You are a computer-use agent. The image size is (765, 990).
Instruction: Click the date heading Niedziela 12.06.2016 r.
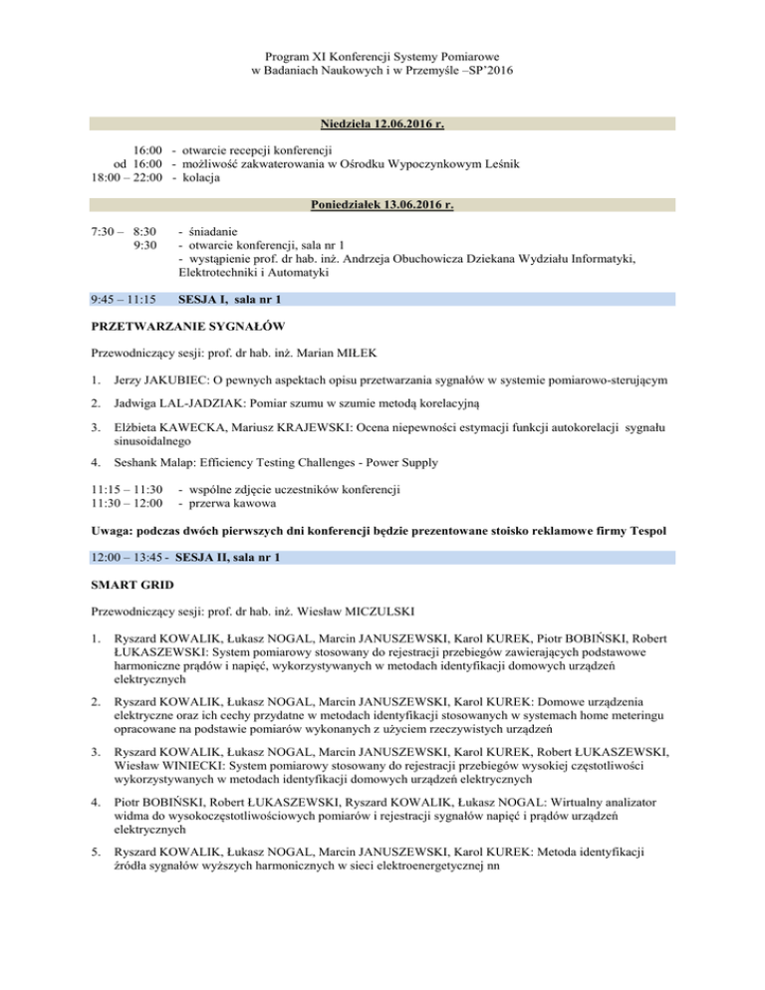382,124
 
